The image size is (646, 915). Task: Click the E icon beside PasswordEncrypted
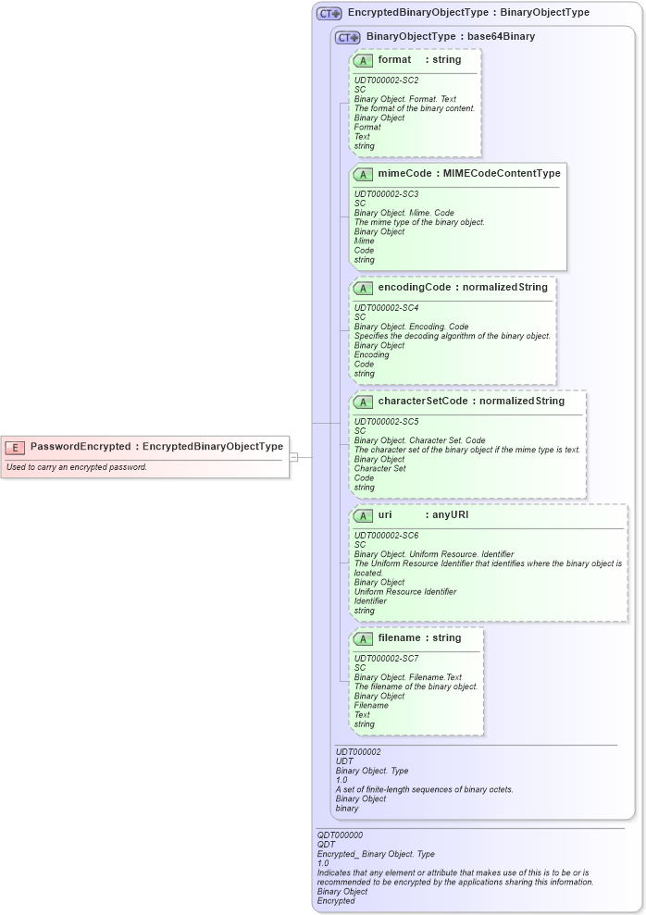pos(15,447)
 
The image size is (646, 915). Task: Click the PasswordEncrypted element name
pos(81,447)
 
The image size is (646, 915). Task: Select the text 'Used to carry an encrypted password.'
pos(77,467)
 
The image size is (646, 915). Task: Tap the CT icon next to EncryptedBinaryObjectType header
pos(329,14)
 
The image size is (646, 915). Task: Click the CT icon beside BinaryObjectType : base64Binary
pos(348,37)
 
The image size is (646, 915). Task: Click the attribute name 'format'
pos(394,60)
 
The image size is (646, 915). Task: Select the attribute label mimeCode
pos(406,174)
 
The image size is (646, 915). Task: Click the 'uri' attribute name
pos(386,515)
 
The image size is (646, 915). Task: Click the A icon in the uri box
pos(364,515)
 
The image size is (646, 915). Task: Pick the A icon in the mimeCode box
pos(364,174)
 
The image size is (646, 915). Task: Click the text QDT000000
pos(340,835)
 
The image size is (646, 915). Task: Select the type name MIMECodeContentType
pos(502,174)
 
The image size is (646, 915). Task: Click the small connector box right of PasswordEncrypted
pos(293,456)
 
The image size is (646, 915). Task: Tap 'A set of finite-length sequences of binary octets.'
pos(424,789)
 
